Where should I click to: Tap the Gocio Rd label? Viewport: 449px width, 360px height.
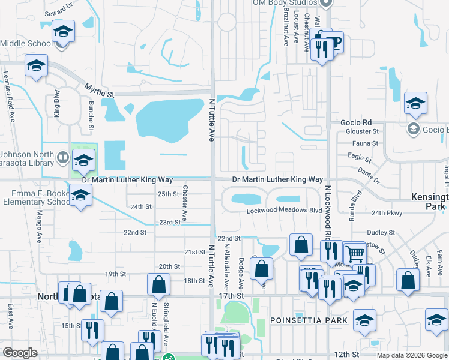(x=357, y=122)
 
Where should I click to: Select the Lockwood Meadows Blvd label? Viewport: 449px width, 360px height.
(x=284, y=211)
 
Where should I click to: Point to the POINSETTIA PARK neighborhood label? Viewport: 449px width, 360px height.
(x=309, y=320)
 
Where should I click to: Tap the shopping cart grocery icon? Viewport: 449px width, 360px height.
(x=354, y=254)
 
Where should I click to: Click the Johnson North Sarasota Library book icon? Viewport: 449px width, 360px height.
(x=63, y=157)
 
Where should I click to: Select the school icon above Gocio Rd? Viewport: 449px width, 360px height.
(x=415, y=104)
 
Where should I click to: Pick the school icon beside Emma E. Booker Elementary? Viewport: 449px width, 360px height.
(x=80, y=194)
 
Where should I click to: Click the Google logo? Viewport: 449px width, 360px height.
(x=20, y=353)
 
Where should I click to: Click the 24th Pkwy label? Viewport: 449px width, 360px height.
(x=386, y=213)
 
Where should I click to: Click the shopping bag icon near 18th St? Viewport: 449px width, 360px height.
(x=159, y=284)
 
